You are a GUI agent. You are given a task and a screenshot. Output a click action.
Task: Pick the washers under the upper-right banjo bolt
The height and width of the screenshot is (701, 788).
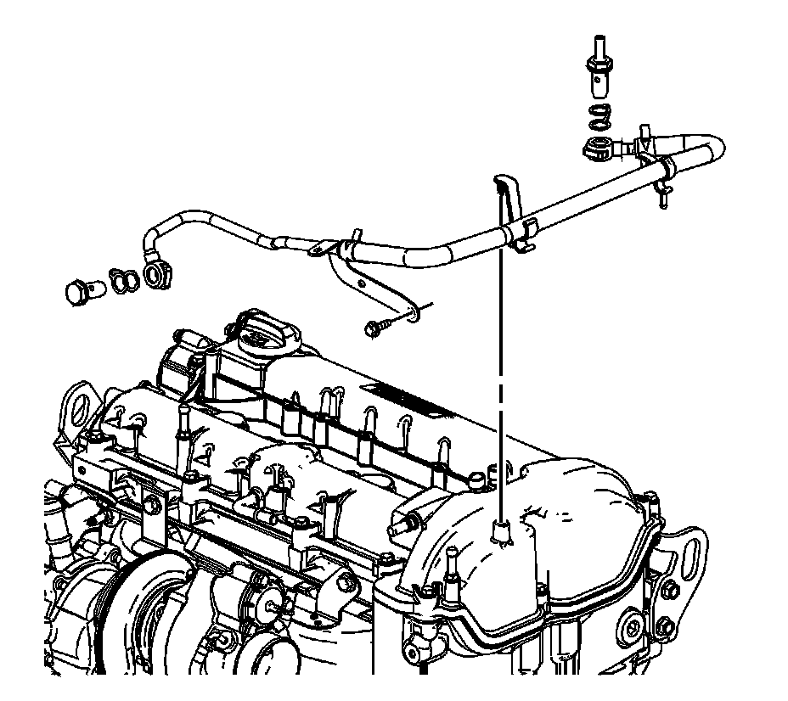tap(599, 115)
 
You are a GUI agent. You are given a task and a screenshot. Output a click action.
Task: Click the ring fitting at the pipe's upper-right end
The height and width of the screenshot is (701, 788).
tap(599, 149)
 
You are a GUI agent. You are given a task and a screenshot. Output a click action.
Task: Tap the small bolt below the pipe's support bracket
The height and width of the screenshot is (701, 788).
tap(376, 326)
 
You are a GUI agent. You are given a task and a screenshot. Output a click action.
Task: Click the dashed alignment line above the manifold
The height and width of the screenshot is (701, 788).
tap(503, 382)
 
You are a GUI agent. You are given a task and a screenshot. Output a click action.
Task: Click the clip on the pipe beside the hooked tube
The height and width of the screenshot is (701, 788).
tap(525, 233)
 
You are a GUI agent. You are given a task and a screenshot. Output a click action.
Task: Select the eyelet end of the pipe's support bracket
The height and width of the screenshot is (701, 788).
tap(413, 317)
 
